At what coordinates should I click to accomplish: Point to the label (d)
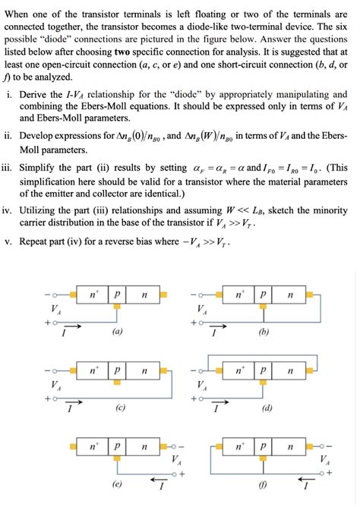[267, 408]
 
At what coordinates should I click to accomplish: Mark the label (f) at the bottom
[264, 483]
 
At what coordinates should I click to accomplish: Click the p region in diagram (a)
[117, 293]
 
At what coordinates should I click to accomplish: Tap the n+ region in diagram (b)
[241, 293]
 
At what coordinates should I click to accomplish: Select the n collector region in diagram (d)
[289, 371]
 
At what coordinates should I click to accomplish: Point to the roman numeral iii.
[7, 168]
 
